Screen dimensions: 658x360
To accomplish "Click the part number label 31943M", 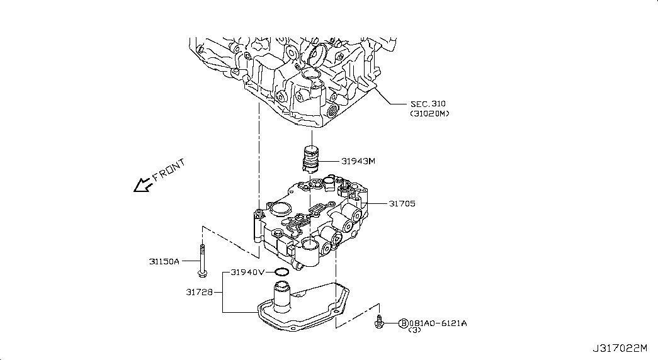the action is tap(358, 161).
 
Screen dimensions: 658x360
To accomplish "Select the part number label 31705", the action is tap(402, 203).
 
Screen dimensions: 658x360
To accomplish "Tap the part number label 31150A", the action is tap(164, 261).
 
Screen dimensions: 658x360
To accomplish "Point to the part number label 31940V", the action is tap(247, 273).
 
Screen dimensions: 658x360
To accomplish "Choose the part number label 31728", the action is tap(200, 292).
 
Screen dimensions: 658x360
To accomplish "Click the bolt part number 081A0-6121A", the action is tap(438, 323).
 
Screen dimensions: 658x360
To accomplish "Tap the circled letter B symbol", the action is tap(403, 323).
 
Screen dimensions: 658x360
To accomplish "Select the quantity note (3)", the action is tap(414, 330).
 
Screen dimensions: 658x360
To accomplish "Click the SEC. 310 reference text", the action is tap(428, 104).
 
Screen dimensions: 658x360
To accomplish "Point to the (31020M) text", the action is tap(429, 114).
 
